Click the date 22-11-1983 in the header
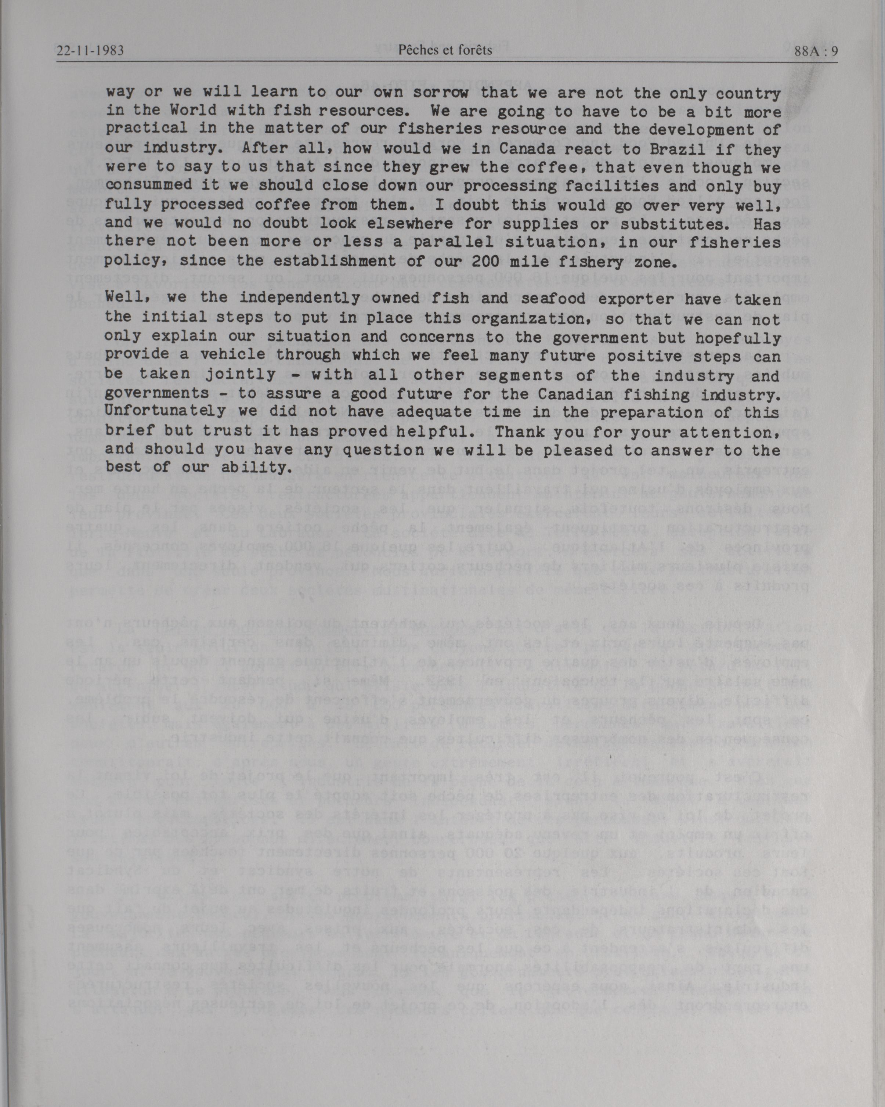[91, 50]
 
